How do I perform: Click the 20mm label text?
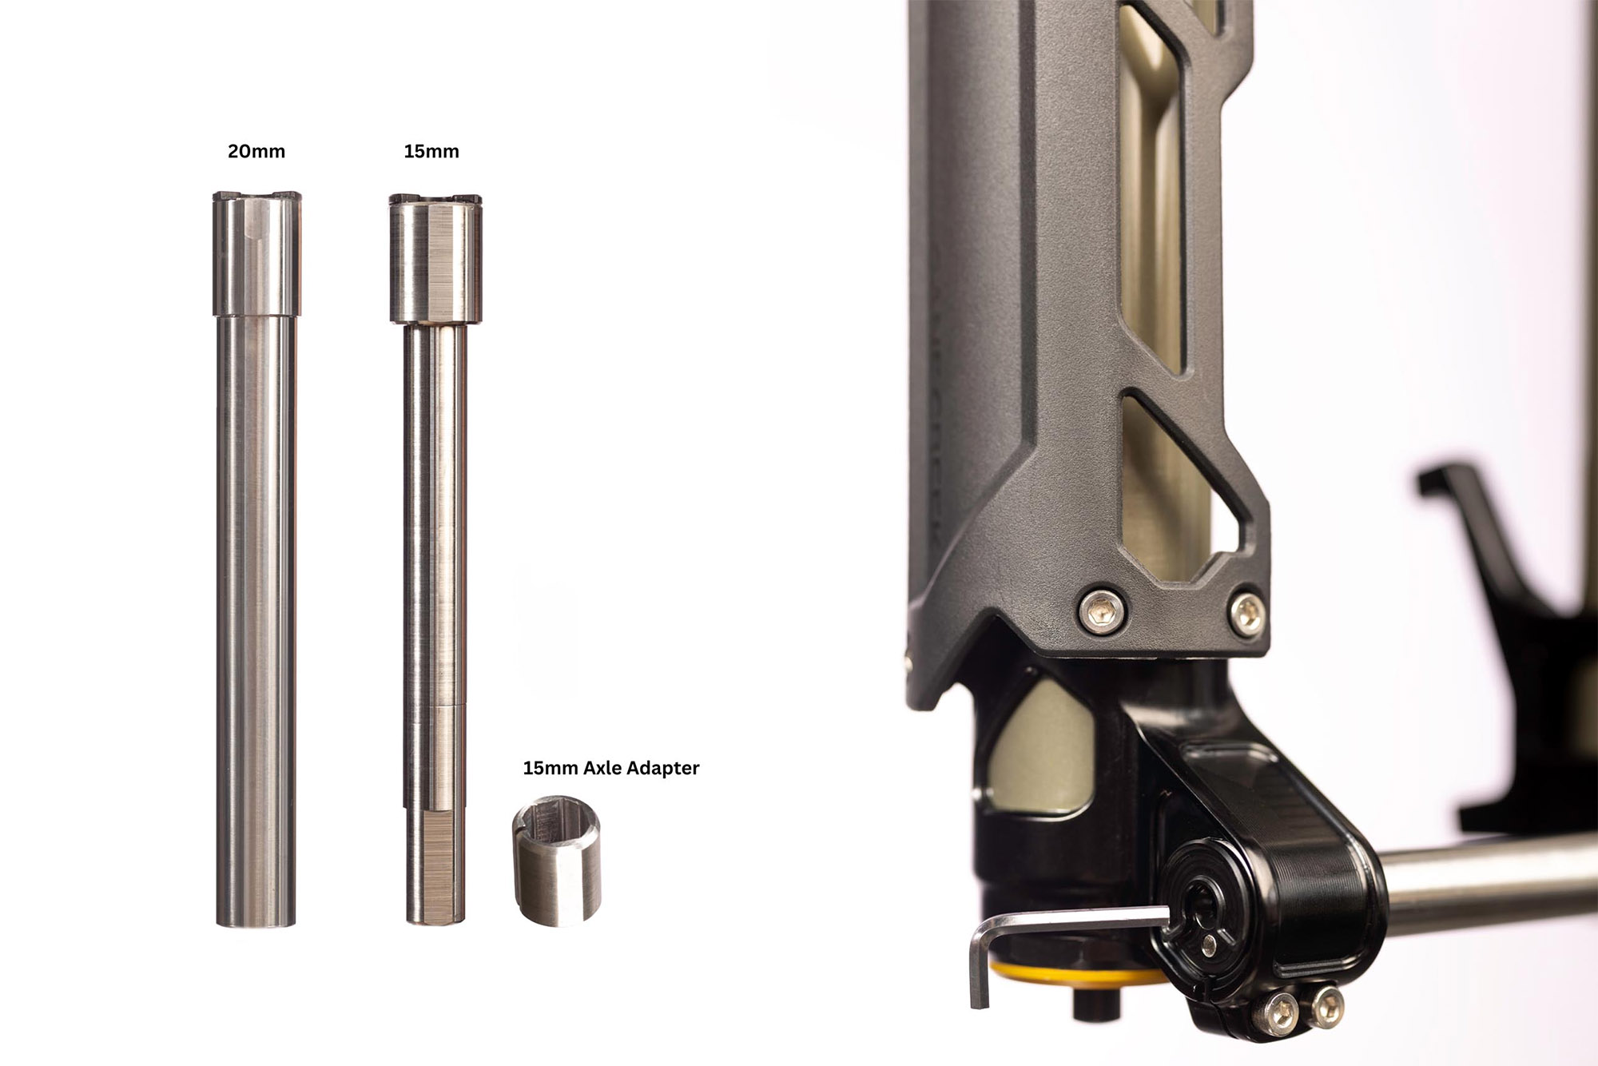pyautogui.click(x=256, y=151)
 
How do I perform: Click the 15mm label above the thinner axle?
pyautogui.click(x=431, y=151)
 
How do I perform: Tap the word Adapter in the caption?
pyautogui.click(x=660, y=768)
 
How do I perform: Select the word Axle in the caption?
pyautogui.click(x=599, y=768)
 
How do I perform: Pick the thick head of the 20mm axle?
pyautogui.click(x=256, y=253)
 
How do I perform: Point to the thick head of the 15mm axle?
pyautogui.click(x=435, y=257)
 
